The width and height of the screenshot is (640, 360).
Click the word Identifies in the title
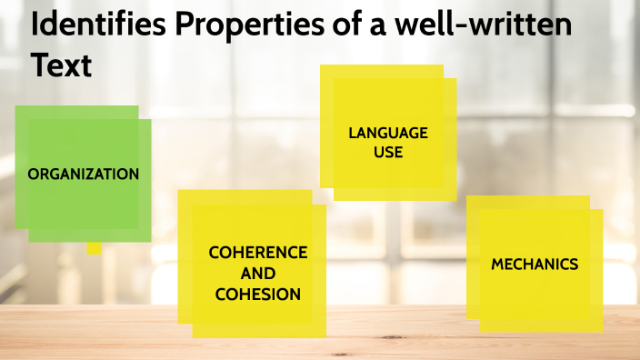tap(97, 25)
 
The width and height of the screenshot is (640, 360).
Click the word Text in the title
tap(61, 65)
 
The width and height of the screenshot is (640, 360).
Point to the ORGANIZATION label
tap(84, 174)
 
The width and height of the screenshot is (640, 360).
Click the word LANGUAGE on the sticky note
tap(388, 134)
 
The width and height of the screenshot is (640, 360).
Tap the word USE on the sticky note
tap(388, 152)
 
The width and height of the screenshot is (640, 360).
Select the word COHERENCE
tap(258, 252)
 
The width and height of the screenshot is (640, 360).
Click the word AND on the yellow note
tap(258, 273)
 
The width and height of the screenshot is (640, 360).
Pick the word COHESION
tap(258, 294)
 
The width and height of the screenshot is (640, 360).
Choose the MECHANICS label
tap(535, 265)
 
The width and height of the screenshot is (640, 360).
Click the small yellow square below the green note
tap(94, 247)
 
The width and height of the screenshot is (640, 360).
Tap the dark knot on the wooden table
tap(341, 353)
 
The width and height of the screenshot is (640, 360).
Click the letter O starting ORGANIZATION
tap(34, 174)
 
